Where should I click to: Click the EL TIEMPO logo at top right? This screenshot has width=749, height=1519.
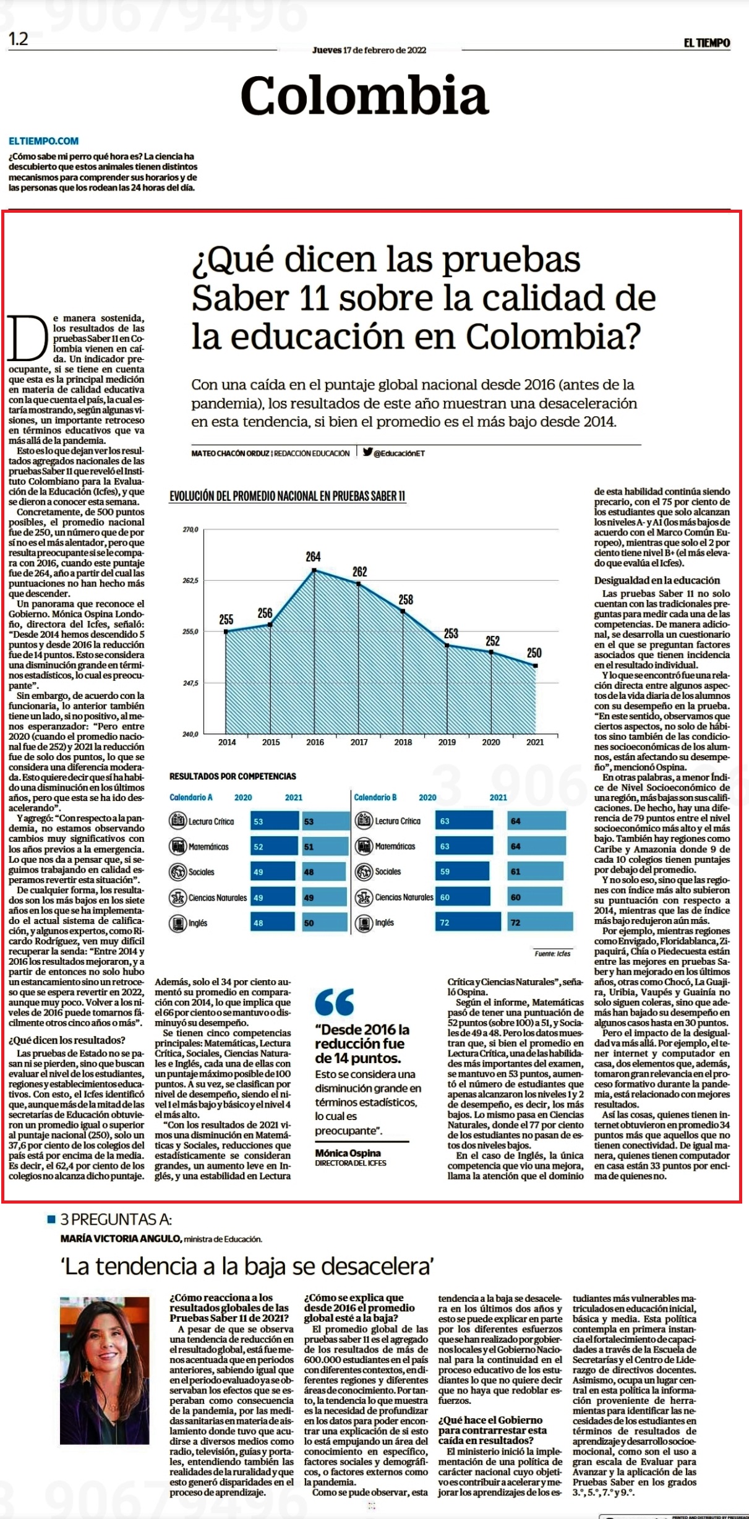(706, 43)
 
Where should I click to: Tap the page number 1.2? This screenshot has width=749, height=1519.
(19, 39)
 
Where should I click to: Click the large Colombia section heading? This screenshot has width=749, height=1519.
(364, 95)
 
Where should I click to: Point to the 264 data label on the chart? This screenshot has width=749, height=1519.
(313, 557)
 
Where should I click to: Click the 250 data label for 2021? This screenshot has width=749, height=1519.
(534, 653)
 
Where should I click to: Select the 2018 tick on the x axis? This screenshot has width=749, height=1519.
(403, 742)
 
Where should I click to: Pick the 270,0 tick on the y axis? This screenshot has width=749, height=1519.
(190, 530)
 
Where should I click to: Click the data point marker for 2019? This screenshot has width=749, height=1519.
(447, 646)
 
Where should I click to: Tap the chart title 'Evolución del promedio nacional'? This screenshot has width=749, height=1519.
(288, 496)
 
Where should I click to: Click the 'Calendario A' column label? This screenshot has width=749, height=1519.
(191, 797)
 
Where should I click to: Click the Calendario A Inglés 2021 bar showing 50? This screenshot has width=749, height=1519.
(326, 923)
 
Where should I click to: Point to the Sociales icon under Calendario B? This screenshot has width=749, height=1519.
(364, 871)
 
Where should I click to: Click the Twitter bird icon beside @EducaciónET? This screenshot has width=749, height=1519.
(367, 452)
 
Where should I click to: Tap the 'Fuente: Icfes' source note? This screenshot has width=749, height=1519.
(553, 953)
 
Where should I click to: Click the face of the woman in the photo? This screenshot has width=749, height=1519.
(105, 1338)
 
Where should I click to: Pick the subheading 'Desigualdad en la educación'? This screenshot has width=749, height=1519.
(657, 580)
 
